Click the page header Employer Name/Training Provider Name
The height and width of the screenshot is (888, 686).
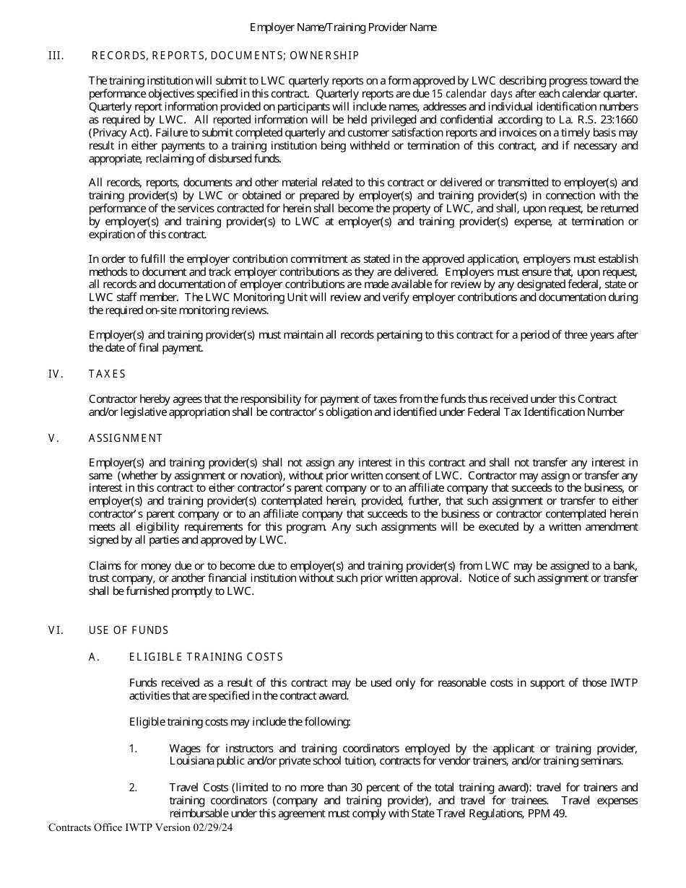pos(343,27)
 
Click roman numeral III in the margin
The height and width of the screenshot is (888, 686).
pos(56,56)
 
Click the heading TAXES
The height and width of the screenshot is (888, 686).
pos(107,374)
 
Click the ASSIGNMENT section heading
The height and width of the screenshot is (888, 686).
pos(126,438)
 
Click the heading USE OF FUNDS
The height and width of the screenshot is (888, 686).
pos(129,630)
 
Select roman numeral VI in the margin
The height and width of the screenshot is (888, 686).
pos(56,630)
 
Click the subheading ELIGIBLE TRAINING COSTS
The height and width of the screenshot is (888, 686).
pos(206,657)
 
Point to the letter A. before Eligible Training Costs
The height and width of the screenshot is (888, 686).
pos(92,657)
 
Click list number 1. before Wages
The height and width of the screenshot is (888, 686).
pos(133,749)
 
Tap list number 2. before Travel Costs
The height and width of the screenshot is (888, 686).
pos(133,788)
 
